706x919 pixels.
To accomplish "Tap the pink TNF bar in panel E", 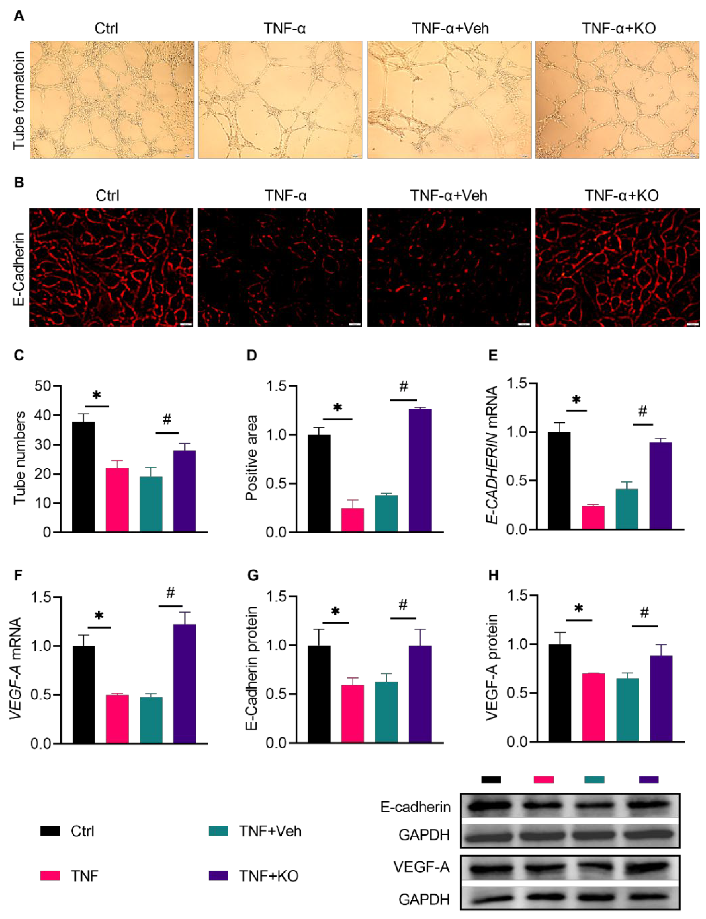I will coord(593,517).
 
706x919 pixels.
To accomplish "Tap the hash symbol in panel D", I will coord(403,386).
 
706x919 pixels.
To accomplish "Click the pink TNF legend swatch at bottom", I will coord(50,876).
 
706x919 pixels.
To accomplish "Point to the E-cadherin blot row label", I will coord(415,807).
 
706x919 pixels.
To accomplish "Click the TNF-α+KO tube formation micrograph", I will coord(617,100).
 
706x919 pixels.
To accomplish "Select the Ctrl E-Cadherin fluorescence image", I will coord(111,267).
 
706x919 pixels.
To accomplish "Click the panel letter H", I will coord(493,575).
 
